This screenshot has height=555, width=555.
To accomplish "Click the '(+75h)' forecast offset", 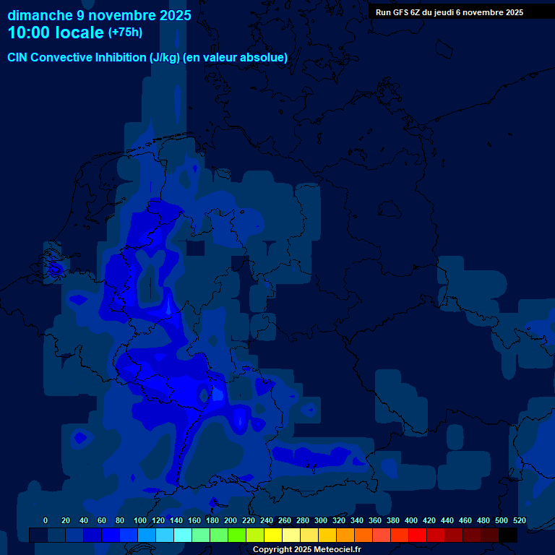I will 125,33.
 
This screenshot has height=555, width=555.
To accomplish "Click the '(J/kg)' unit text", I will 165,58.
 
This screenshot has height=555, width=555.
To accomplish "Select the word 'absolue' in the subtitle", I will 264,58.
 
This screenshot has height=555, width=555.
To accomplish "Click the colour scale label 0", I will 46,520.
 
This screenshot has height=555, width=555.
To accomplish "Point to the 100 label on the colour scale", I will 140,520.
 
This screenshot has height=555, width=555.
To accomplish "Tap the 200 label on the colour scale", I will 231,520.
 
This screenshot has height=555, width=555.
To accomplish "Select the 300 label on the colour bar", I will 321,520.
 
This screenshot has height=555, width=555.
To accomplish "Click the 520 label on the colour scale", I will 520,520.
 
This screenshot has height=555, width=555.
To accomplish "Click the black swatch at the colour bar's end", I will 508,535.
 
